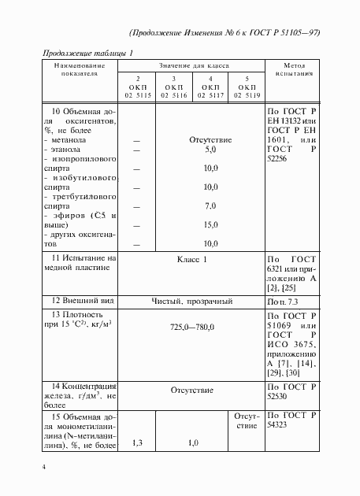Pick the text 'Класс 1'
click(192, 259)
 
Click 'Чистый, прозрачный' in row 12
click(192, 300)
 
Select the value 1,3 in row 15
click(138, 442)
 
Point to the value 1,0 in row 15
click(191, 442)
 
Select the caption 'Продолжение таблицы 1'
click(86, 52)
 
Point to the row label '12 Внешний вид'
click(80, 300)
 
